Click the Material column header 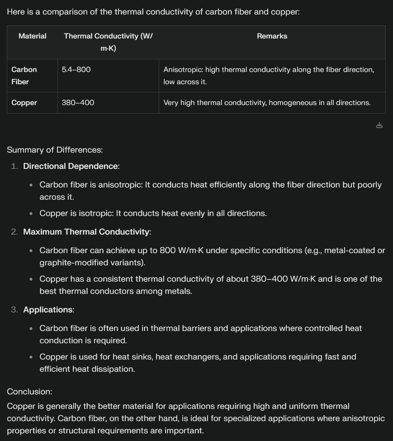tap(32, 36)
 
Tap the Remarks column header tap(272, 36)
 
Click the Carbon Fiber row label tap(24, 76)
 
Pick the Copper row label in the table tap(24, 103)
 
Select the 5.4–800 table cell tap(76, 70)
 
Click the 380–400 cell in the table tap(78, 103)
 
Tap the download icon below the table tap(379, 125)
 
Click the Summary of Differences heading tap(55, 150)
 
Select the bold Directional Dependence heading tap(70, 166)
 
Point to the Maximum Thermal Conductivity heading tap(86, 232)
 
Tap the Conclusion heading tap(29, 392)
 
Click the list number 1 tap(14, 166)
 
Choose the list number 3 tap(14, 310)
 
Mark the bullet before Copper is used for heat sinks tap(31, 357)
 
